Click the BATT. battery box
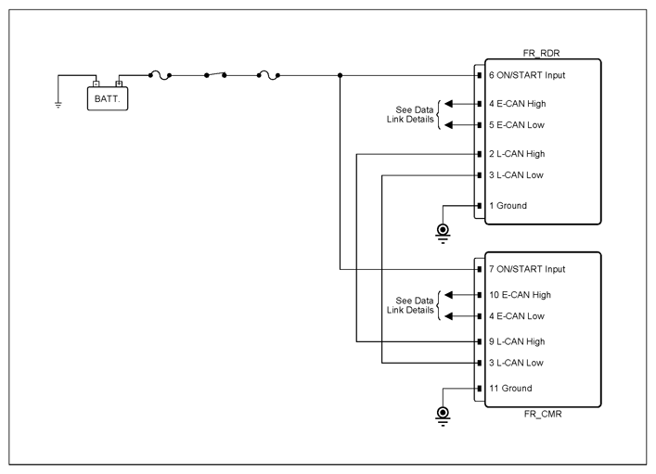pos(108,98)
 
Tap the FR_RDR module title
pos(541,53)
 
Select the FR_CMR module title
pos(543,414)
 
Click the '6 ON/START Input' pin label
pos(527,75)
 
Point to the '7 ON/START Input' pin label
pos(527,269)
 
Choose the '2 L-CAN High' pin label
pos(517,154)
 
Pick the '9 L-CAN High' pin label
pos(517,341)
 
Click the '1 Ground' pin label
pos(508,205)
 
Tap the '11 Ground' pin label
pos(510,389)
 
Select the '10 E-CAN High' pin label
pos(520,295)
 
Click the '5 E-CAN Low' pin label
pos(517,124)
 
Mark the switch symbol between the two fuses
pos(215,75)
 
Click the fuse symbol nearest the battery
pos(160,75)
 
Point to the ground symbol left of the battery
pos(58,105)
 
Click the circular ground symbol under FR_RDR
pos(443,233)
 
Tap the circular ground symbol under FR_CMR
pos(443,416)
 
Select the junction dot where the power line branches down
pos(341,75)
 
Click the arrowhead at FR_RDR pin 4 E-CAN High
pos(448,104)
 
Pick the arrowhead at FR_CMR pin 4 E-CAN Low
pos(448,316)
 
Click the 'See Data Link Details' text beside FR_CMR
pos(410,305)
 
